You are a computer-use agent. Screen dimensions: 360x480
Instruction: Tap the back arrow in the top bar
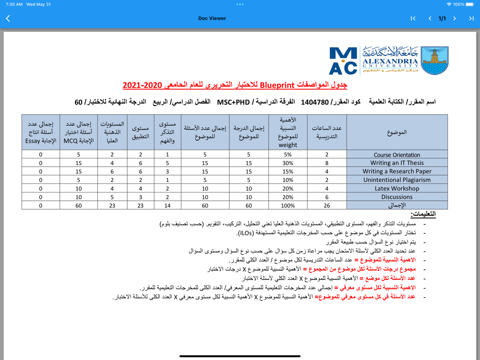point(8,19)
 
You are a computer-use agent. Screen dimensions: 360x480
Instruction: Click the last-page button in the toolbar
point(471,19)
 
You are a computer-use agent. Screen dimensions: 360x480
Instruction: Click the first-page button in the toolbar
point(413,19)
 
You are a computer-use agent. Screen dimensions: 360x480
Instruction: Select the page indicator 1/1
point(442,19)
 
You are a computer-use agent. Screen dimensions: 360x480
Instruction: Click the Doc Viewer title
point(212,19)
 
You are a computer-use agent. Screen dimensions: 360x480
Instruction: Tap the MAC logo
point(343,60)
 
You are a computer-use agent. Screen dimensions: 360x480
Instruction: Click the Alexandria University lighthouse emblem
point(434,60)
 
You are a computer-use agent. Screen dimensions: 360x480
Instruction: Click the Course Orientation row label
point(397,155)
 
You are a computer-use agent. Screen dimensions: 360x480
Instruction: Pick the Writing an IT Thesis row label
point(397,163)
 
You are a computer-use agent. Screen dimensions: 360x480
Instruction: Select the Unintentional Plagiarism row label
point(397,180)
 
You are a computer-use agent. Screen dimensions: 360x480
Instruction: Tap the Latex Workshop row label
point(397,189)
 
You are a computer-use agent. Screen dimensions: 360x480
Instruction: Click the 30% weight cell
point(288,163)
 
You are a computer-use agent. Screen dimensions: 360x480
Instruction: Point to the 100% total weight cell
point(288,205)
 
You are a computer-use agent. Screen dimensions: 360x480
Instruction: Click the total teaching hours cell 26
point(327,205)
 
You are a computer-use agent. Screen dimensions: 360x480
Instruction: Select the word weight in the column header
point(288,145)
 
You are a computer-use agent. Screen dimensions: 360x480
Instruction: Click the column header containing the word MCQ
point(79,132)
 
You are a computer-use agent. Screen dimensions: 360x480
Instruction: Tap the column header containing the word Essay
point(41,132)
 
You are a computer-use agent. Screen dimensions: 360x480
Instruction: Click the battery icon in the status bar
point(471,4)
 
